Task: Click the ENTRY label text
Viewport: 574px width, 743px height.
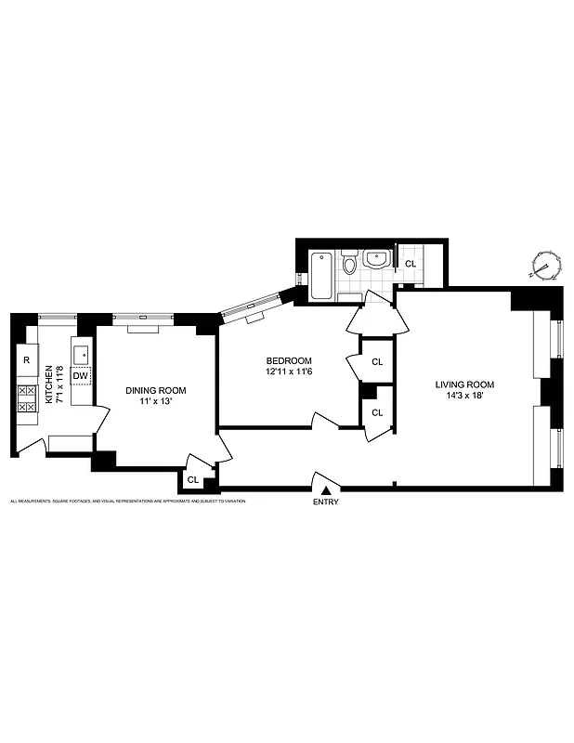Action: point(326,502)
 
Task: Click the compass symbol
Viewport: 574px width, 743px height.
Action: point(545,267)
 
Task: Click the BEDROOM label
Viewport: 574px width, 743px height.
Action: point(289,360)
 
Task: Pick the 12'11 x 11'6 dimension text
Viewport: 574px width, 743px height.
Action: point(289,372)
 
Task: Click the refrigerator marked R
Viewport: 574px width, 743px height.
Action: point(26,359)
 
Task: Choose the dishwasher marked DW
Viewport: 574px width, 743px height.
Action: point(81,375)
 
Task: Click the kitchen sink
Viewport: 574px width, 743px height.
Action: point(81,353)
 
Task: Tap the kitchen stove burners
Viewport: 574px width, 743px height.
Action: point(26,398)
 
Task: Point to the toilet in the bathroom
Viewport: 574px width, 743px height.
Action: point(349,265)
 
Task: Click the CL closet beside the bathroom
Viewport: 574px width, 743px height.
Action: point(410,264)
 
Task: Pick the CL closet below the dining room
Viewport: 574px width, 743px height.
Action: point(192,480)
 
